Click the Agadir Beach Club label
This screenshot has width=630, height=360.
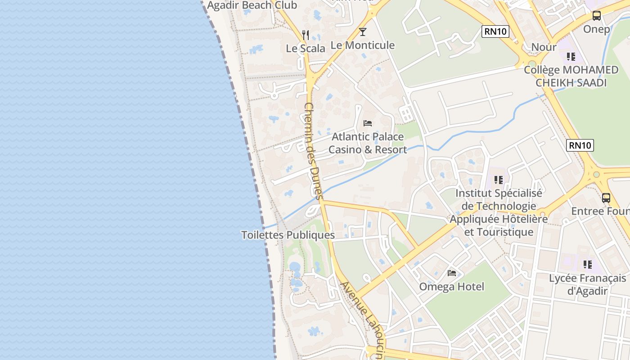252,5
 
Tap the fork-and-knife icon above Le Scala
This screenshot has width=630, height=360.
306,35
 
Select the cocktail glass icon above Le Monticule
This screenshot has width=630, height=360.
363,32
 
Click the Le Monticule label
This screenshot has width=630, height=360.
363,45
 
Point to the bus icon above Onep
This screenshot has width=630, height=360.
597,16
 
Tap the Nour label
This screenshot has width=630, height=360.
544,47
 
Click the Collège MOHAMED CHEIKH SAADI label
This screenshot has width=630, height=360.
571,76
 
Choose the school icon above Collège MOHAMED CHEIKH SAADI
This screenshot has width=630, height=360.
571,57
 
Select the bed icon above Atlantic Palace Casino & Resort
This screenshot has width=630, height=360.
368,123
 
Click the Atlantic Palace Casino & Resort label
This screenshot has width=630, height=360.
368,143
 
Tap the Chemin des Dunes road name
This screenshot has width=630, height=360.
314,151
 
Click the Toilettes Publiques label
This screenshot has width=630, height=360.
288,235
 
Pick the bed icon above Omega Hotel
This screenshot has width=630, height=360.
452,273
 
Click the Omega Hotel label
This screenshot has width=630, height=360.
452,287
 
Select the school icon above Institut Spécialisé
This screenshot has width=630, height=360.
499,180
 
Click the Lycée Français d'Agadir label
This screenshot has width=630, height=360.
587,284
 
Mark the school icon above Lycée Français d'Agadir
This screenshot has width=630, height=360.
587,265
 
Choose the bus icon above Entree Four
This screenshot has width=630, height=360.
606,198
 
